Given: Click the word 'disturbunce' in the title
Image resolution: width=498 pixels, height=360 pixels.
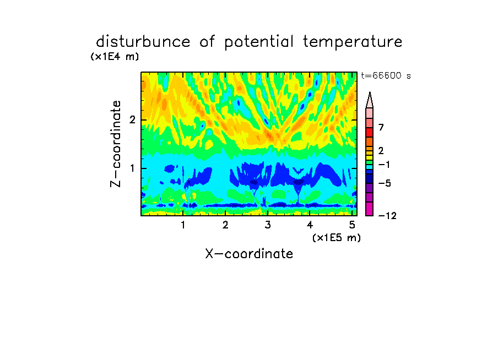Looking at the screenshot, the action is [x=143, y=42].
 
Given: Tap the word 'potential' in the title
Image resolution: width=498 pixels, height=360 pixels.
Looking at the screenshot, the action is [x=259, y=42].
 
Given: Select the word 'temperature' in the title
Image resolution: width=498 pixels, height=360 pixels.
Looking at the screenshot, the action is [x=353, y=42].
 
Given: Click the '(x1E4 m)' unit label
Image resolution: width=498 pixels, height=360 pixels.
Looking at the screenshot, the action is [x=115, y=57].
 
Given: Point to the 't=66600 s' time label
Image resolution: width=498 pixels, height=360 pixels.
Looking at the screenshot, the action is [x=386, y=75].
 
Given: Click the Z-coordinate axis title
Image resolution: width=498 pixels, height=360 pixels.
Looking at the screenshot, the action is [x=116, y=144].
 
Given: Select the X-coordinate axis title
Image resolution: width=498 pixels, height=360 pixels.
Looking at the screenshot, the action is [x=249, y=254].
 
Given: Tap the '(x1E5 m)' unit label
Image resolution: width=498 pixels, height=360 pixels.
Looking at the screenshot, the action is [x=337, y=238].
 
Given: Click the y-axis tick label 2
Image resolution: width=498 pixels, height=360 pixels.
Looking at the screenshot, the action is [x=132, y=120].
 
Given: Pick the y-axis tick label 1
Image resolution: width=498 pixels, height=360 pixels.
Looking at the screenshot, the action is [x=132, y=168].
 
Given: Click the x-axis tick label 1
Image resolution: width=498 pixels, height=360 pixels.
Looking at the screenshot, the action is [x=183, y=225].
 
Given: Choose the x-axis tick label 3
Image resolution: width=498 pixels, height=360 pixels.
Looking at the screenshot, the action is [x=268, y=225].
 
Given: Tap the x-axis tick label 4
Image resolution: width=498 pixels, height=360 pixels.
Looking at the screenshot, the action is [x=310, y=225].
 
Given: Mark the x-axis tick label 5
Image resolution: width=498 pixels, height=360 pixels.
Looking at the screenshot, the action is [x=352, y=225].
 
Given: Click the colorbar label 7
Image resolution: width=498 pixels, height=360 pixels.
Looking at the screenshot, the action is [x=381, y=127].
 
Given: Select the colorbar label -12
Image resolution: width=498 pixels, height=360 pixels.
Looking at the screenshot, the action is [x=387, y=216].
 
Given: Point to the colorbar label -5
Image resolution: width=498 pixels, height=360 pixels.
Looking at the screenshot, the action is [x=385, y=183].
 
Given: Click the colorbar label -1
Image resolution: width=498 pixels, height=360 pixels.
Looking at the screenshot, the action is [x=384, y=165].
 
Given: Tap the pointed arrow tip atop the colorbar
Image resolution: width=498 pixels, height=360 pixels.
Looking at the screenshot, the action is [x=370, y=92].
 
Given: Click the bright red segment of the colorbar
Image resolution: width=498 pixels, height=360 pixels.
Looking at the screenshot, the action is [x=370, y=132].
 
